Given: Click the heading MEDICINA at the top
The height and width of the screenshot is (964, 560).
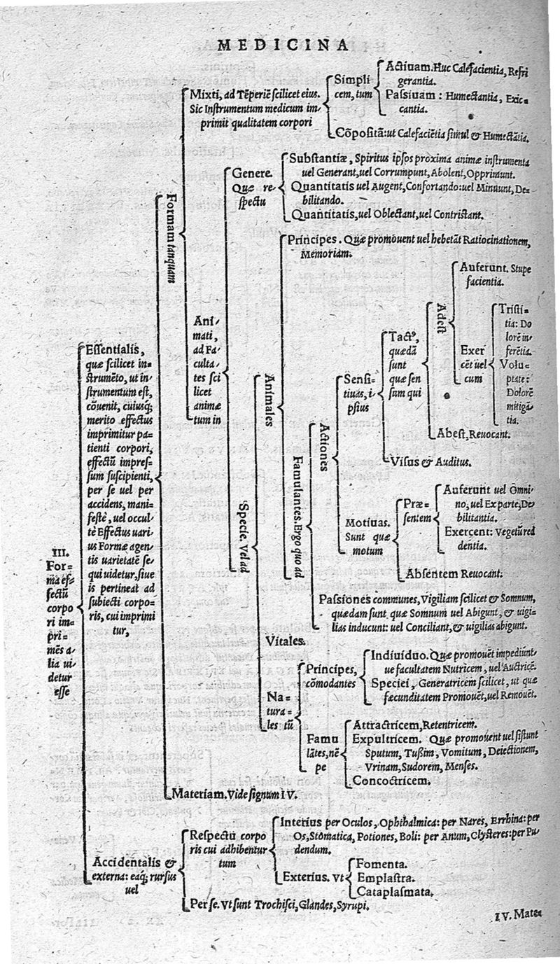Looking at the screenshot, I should tap(283, 46).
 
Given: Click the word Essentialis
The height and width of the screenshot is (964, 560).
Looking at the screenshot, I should tap(113, 349).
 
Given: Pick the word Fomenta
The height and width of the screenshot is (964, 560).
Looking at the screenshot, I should tap(382, 865).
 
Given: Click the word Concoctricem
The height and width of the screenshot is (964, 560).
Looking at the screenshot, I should tap(391, 780).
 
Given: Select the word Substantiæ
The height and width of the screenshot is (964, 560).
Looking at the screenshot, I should tap(319, 158).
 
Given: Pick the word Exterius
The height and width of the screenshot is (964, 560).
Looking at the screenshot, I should tap(304, 876).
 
